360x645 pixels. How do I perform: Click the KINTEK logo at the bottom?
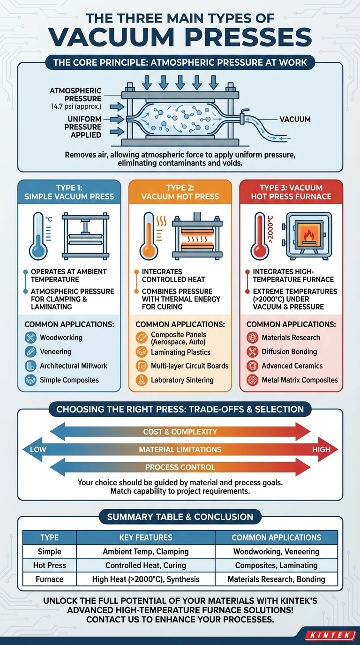(x=330, y=635)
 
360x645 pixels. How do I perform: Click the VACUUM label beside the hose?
(x=295, y=119)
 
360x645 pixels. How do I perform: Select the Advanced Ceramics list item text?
(x=292, y=366)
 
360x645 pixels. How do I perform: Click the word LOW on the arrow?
(x=38, y=450)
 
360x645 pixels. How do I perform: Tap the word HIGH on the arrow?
(x=321, y=450)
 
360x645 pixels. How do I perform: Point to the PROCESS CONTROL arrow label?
(x=180, y=467)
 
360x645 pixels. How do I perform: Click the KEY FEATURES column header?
(x=146, y=537)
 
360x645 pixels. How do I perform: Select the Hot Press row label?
(x=50, y=565)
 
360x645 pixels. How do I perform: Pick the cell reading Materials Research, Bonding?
(x=276, y=579)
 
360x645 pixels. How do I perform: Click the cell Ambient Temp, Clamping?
(x=146, y=551)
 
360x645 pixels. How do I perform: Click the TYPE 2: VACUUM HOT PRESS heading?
(x=180, y=192)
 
